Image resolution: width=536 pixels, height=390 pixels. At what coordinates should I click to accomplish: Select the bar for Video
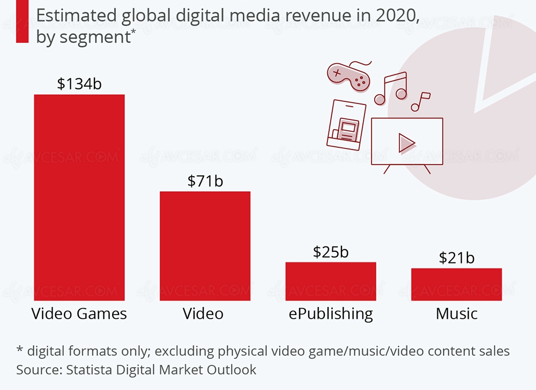(205, 245)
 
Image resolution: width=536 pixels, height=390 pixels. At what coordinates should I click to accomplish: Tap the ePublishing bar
(331, 281)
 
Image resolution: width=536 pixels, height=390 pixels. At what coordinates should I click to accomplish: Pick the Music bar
(457, 284)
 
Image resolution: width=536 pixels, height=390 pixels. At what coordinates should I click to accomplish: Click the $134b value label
(79, 84)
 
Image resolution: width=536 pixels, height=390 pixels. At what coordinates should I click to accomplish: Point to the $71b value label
(205, 181)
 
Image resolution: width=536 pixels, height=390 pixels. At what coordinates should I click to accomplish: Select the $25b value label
(331, 251)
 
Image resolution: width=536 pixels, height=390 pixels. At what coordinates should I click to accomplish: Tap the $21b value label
(457, 258)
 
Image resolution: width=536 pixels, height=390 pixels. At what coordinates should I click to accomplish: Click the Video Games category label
(79, 313)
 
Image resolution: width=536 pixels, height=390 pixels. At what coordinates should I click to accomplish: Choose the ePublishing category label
(331, 314)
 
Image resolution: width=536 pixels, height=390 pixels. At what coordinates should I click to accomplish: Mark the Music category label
(457, 313)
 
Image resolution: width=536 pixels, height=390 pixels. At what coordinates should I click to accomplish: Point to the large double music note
(391, 89)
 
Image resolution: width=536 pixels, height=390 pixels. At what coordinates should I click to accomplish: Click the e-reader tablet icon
(346, 124)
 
